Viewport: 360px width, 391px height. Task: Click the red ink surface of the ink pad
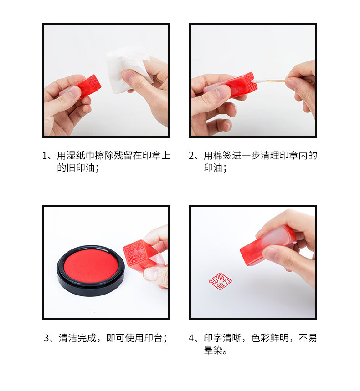91,265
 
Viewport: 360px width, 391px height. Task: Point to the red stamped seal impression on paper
220,281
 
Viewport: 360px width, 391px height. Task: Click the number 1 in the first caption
45,156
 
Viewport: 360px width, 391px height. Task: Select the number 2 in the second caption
191,156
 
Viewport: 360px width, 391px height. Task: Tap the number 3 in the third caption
46,338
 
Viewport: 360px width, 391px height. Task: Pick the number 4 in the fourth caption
191,338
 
